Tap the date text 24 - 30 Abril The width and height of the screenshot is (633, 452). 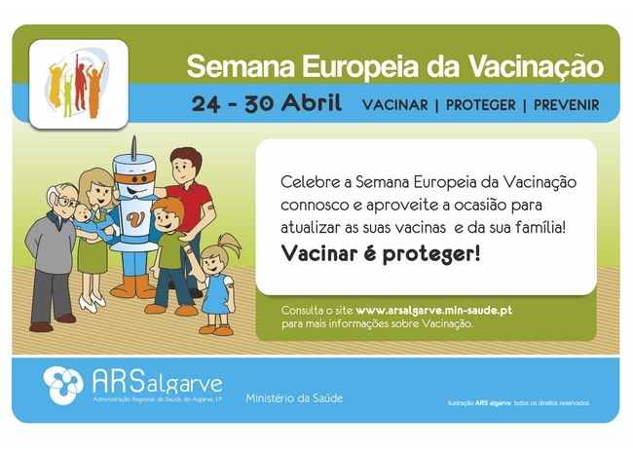(267, 103)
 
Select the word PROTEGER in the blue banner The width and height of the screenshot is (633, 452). (480, 105)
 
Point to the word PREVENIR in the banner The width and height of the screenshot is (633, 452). (567, 105)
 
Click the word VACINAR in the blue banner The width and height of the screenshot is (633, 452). (394, 105)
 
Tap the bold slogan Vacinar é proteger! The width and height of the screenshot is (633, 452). (381, 254)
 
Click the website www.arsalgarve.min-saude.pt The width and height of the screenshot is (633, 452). (434, 311)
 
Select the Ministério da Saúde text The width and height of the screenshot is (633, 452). (294, 398)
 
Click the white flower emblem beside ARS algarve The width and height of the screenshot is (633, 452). (63, 385)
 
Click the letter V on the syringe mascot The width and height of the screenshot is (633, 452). (135, 218)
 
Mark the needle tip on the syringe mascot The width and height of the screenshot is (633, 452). (134, 137)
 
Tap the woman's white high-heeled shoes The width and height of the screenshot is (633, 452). (93, 301)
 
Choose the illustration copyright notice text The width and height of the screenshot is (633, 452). (518, 403)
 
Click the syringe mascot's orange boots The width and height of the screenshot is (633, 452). (133, 287)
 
